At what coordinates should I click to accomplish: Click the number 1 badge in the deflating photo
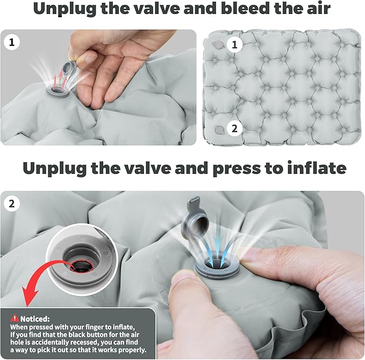pyautogui.click(x=11, y=42)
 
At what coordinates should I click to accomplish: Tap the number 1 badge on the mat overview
pyautogui.click(x=234, y=45)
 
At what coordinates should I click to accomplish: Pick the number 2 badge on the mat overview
pyautogui.click(x=234, y=129)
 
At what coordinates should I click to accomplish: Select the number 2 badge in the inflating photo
pyautogui.click(x=11, y=203)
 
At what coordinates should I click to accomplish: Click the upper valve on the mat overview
pyautogui.click(x=218, y=45)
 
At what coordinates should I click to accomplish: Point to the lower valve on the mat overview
pyautogui.click(x=219, y=130)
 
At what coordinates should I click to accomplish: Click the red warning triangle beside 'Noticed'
pyautogui.click(x=15, y=318)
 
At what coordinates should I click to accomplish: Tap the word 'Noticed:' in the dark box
pyautogui.click(x=35, y=319)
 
